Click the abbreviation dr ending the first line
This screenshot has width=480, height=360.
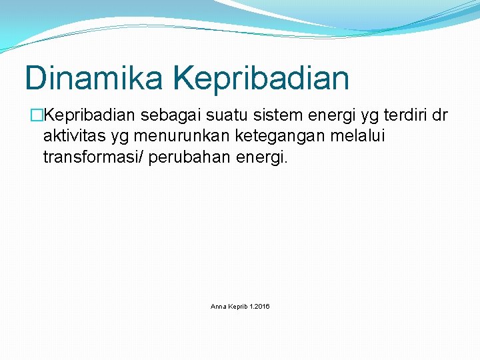(x=440, y=116)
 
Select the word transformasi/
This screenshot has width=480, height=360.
(x=94, y=157)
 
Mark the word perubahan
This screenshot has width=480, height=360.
(x=191, y=157)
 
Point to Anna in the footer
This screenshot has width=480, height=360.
(x=218, y=307)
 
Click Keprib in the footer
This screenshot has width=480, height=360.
(x=238, y=307)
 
